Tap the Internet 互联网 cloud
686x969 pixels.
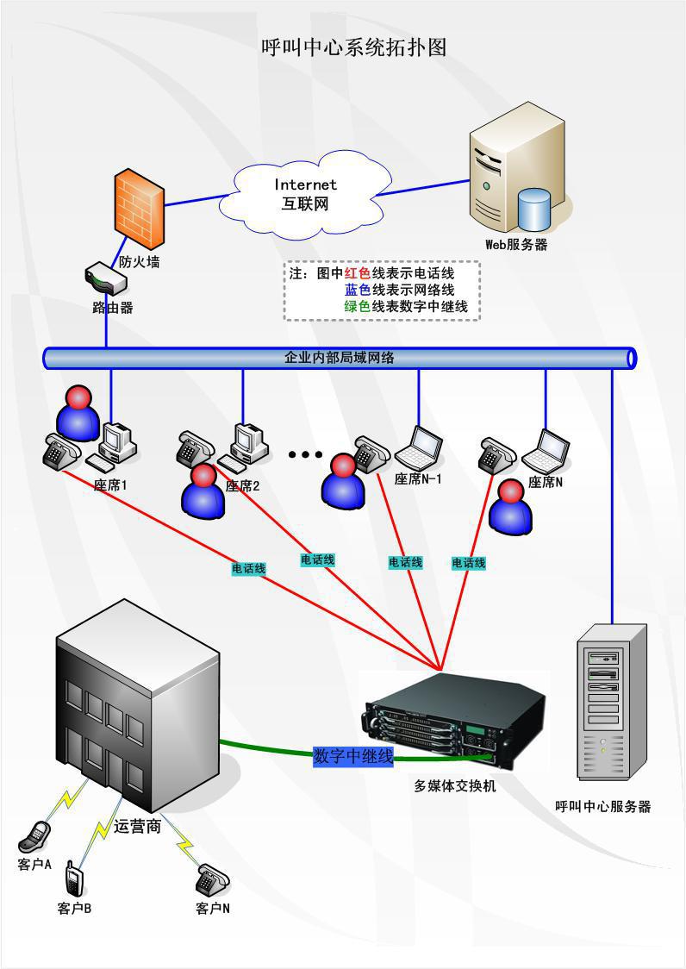coord(305,195)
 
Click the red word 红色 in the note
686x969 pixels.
coord(358,273)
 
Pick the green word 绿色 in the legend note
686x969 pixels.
coord(358,306)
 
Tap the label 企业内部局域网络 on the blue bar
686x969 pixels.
coord(340,357)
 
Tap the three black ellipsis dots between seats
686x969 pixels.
coord(304,454)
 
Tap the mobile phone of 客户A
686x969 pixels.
coord(36,835)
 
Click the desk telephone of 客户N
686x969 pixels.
coord(211,879)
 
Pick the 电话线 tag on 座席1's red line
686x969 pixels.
coord(248,569)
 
